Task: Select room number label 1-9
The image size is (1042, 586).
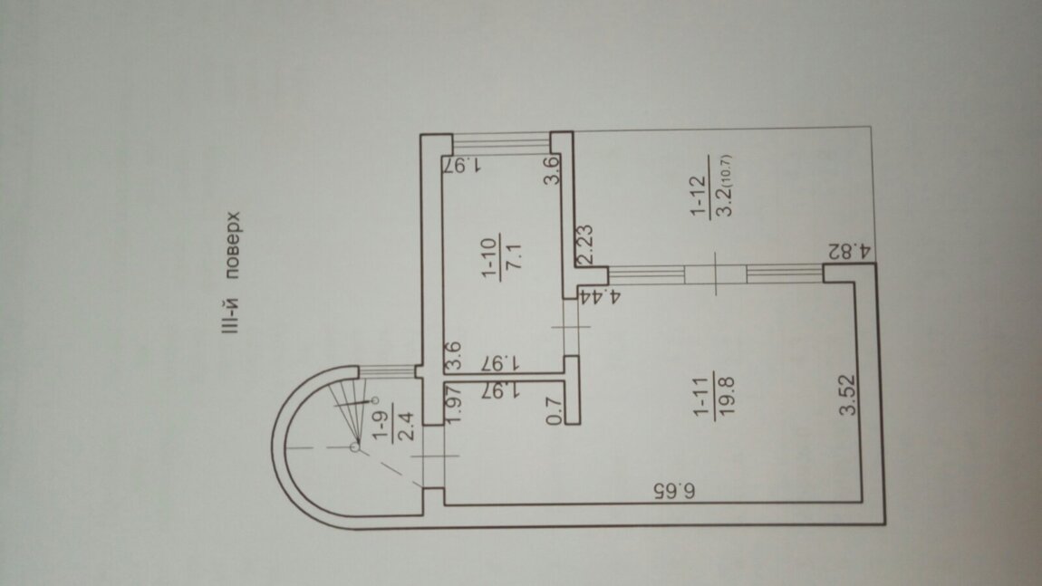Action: pos(381,426)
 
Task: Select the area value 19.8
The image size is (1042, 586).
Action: pos(726,395)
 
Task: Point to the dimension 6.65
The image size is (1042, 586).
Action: pos(674,491)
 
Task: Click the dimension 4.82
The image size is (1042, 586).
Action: pos(849,252)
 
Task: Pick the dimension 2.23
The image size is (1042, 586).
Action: pos(584,245)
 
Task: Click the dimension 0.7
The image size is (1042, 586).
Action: pos(555,410)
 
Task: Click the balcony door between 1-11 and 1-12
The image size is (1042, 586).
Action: pos(715,274)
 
